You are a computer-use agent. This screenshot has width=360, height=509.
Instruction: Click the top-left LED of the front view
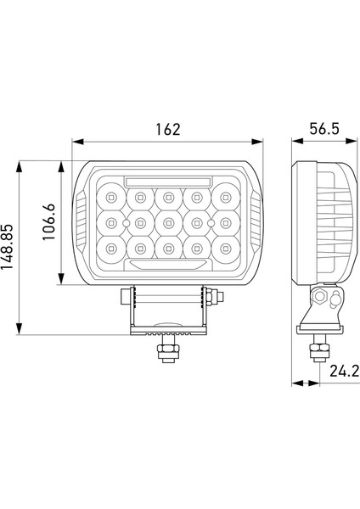click(x=111, y=199)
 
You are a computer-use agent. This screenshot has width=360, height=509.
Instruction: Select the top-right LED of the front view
click(x=225, y=199)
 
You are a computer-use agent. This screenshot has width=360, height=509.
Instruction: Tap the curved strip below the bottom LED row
click(x=168, y=265)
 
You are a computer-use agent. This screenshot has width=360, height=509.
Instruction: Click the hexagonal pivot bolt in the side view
click(x=322, y=298)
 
